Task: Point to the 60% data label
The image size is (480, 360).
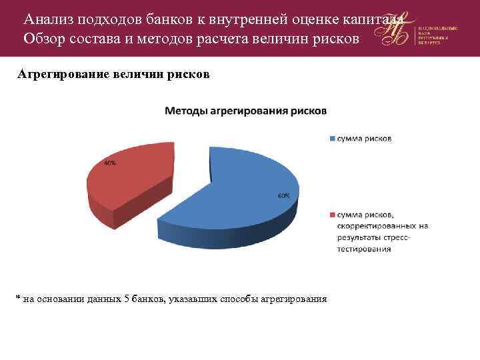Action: coord(283,196)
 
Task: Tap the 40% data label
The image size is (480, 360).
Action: coord(109,163)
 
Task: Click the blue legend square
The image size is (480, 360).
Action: coord(331,139)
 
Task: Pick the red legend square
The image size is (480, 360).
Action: coord(331,214)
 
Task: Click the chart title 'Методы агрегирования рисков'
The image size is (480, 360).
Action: coord(245,111)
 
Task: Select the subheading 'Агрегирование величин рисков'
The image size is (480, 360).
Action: coord(113,75)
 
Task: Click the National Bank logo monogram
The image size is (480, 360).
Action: coord(395,30)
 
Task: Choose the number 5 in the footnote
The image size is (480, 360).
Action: coord(127,298)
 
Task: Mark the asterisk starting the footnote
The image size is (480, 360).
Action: coord(19,297)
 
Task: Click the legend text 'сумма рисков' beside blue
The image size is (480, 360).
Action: coord(364,139)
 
